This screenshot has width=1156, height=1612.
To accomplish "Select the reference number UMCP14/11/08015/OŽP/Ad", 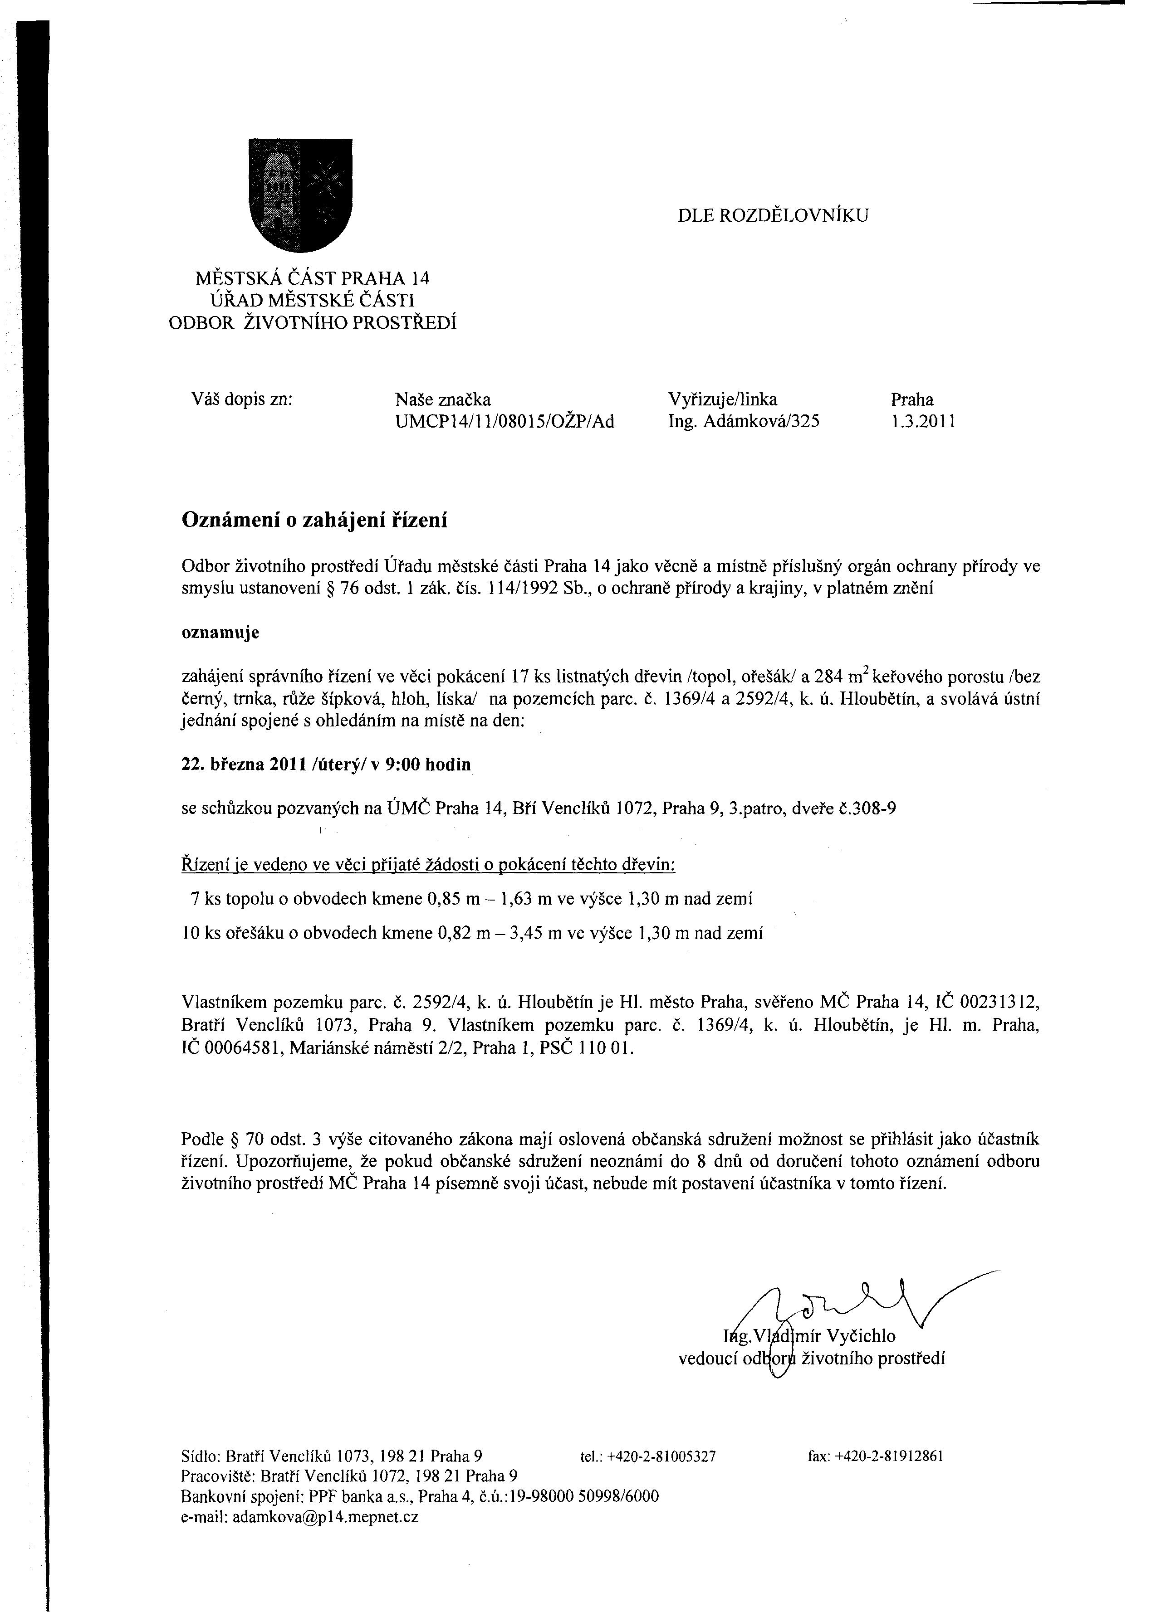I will tap(504, 422).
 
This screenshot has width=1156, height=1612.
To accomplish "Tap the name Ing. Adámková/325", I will tap(744, 422).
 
